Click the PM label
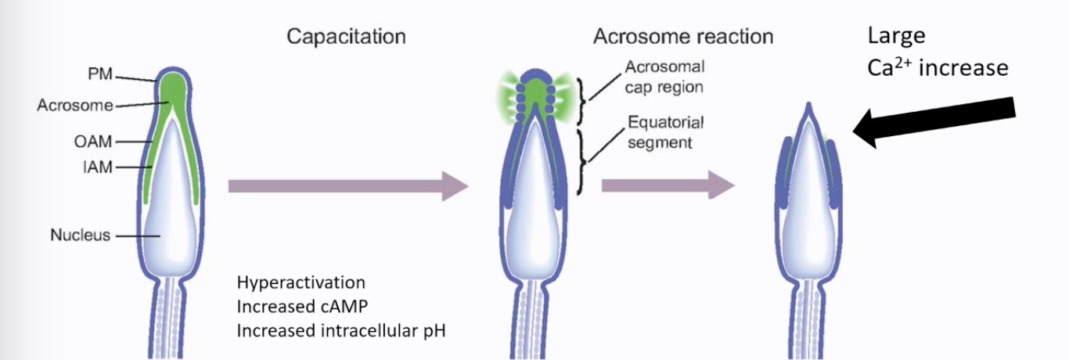(x=99, y=74)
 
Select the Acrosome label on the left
(x=75, y=105)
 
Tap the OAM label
(x=93, y=142)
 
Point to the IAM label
(x=97, y=167)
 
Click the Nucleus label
(x=80, y=235)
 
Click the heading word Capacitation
(x=346, y=37)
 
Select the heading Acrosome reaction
(x=683, y=37)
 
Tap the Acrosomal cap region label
(x=664, y=77)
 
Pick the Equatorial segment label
(x=665, y=132)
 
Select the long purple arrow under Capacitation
(x=348, y=186)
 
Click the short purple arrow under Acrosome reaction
(x=668, y=185)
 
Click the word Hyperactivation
(x=301, y=283)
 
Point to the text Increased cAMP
(x=302, y=307)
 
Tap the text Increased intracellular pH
(x=341, y=331)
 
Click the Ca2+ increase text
(x=938, y=68)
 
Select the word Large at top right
(x=896, y=36)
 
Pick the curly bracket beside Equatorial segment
(x=581, y=162)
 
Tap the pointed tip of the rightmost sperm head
(x=808, y=103)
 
